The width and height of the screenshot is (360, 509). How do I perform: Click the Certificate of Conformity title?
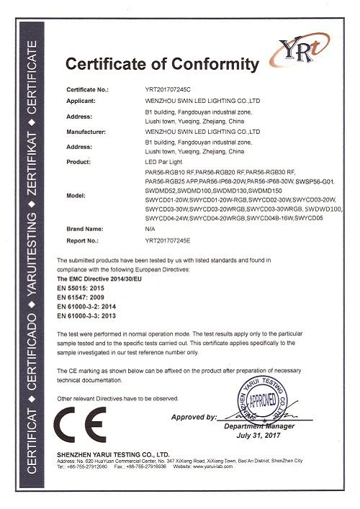coord(161,66)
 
